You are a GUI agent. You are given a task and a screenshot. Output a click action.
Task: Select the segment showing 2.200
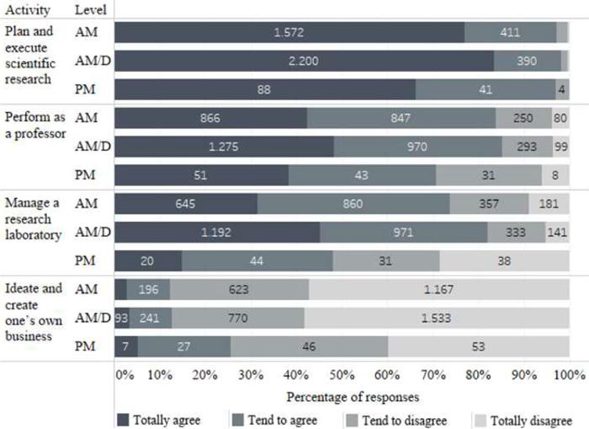304,62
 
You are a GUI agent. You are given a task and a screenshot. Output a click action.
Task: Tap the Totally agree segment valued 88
265,89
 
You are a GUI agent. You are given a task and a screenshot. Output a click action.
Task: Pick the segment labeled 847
401,119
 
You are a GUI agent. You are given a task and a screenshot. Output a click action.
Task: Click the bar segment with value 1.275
224,147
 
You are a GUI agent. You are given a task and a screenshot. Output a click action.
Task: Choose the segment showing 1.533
436,319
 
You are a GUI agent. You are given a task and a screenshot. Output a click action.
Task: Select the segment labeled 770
237,319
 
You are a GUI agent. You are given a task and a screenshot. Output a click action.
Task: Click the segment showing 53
478,346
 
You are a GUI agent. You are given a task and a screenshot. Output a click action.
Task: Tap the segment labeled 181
549,204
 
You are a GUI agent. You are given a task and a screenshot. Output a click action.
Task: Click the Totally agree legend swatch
123,420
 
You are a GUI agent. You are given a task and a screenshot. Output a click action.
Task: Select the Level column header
89,10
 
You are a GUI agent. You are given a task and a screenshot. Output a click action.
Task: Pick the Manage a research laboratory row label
33,219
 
